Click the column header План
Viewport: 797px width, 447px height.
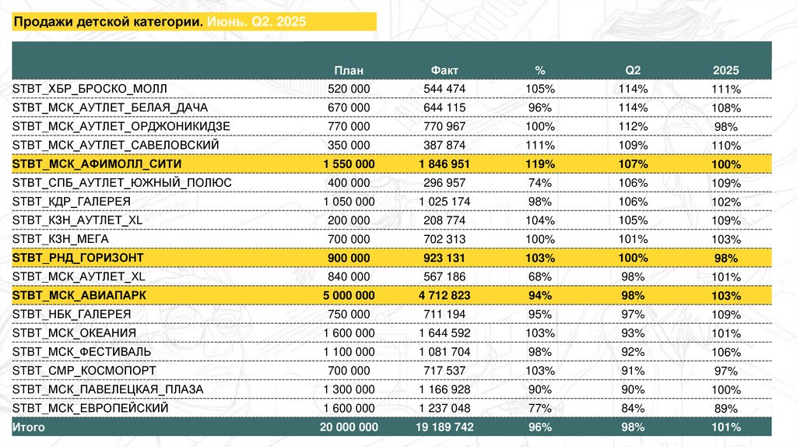(x=349, y=69)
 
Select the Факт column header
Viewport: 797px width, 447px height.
(x=444, y=69)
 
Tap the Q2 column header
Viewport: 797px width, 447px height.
(x=632, y=69)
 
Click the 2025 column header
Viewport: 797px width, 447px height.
(x=725, y=69)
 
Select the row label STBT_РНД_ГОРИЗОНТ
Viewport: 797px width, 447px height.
(x=79, y=258)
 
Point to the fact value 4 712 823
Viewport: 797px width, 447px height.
(x=444, y=295)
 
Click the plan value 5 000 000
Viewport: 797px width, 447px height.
(x=349, y=295)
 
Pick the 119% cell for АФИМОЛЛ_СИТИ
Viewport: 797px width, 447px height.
(x=539, y=164)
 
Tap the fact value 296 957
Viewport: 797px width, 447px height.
(x=444, y=182)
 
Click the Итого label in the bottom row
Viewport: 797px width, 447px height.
(x=29, y=428)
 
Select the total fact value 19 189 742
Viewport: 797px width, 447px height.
(x=444, y=428)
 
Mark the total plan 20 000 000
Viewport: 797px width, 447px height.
(x=349, y=428)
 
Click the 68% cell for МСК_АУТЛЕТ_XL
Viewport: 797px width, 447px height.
(x=539, y=276)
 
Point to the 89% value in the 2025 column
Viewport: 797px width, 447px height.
(x=725, y=408)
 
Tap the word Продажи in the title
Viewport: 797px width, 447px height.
(x=44, y=22)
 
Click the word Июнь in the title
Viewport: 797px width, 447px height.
(x=225, y=22)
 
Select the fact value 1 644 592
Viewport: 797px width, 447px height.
(x=444, y=333)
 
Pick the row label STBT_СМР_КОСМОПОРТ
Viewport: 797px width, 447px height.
(x=84, y=371)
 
